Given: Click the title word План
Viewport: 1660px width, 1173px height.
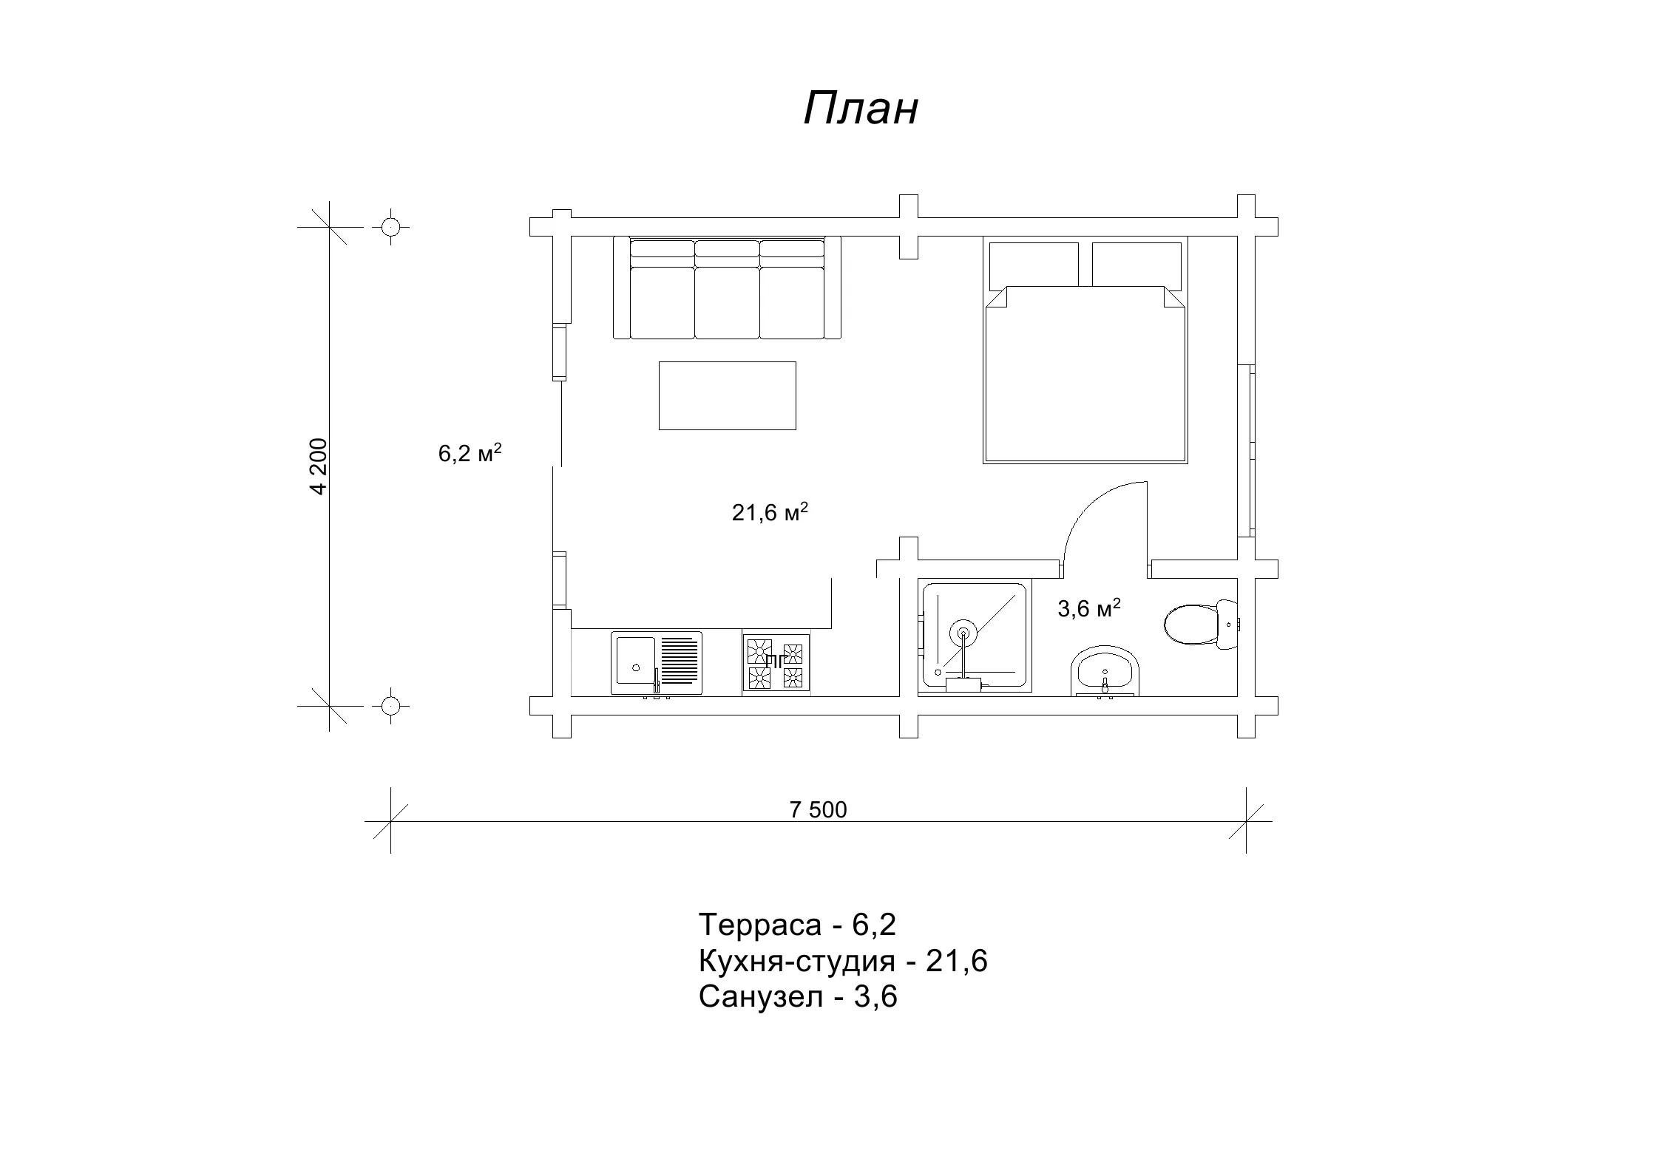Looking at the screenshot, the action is tap(861, 109).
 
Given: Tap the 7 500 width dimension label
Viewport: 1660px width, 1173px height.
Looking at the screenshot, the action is tap(818, 810).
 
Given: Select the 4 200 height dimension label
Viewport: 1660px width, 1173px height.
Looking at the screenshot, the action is tap(319, 466).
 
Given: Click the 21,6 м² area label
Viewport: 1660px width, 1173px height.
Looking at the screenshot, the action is tap(770, 511).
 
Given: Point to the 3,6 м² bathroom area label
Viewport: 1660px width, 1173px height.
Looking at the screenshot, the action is tap(1089, 608).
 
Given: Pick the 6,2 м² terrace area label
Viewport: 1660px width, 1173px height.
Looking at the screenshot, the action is tap(470, 452).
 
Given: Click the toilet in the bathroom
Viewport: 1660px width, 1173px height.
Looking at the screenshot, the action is tap(1201, 625).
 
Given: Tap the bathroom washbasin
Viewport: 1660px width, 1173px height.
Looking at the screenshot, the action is tap(1105, 671).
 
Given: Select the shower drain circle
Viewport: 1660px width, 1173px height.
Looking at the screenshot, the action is tap(963, 633).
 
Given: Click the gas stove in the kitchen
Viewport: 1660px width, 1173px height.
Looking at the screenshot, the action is tap(776, 664).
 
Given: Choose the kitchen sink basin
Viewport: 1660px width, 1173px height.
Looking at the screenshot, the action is tap(635, 661).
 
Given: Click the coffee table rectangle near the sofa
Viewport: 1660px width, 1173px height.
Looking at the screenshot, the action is tap(728, 395).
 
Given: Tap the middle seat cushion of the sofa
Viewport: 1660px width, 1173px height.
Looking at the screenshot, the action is tap(728, 303).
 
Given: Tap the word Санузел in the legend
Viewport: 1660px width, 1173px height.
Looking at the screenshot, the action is tap(761, 997).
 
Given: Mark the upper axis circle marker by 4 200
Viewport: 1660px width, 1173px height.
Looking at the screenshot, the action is tap(391, 227).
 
